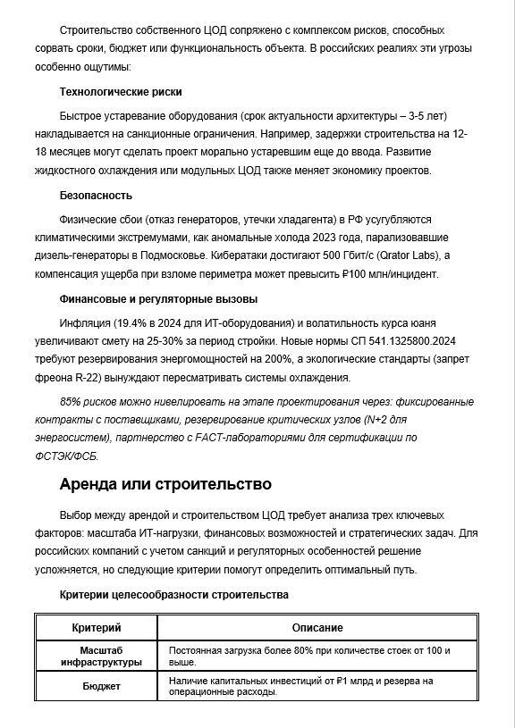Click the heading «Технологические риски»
[121, 92]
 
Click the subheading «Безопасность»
[96, 196]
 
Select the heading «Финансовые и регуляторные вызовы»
[158, 299]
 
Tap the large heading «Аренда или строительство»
[165, 485]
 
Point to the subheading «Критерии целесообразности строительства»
[173, 595]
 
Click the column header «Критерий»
[96, 628]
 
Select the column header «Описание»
[317, 628]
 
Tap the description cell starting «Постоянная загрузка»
[309, 657]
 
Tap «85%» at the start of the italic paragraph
[72, 402]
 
